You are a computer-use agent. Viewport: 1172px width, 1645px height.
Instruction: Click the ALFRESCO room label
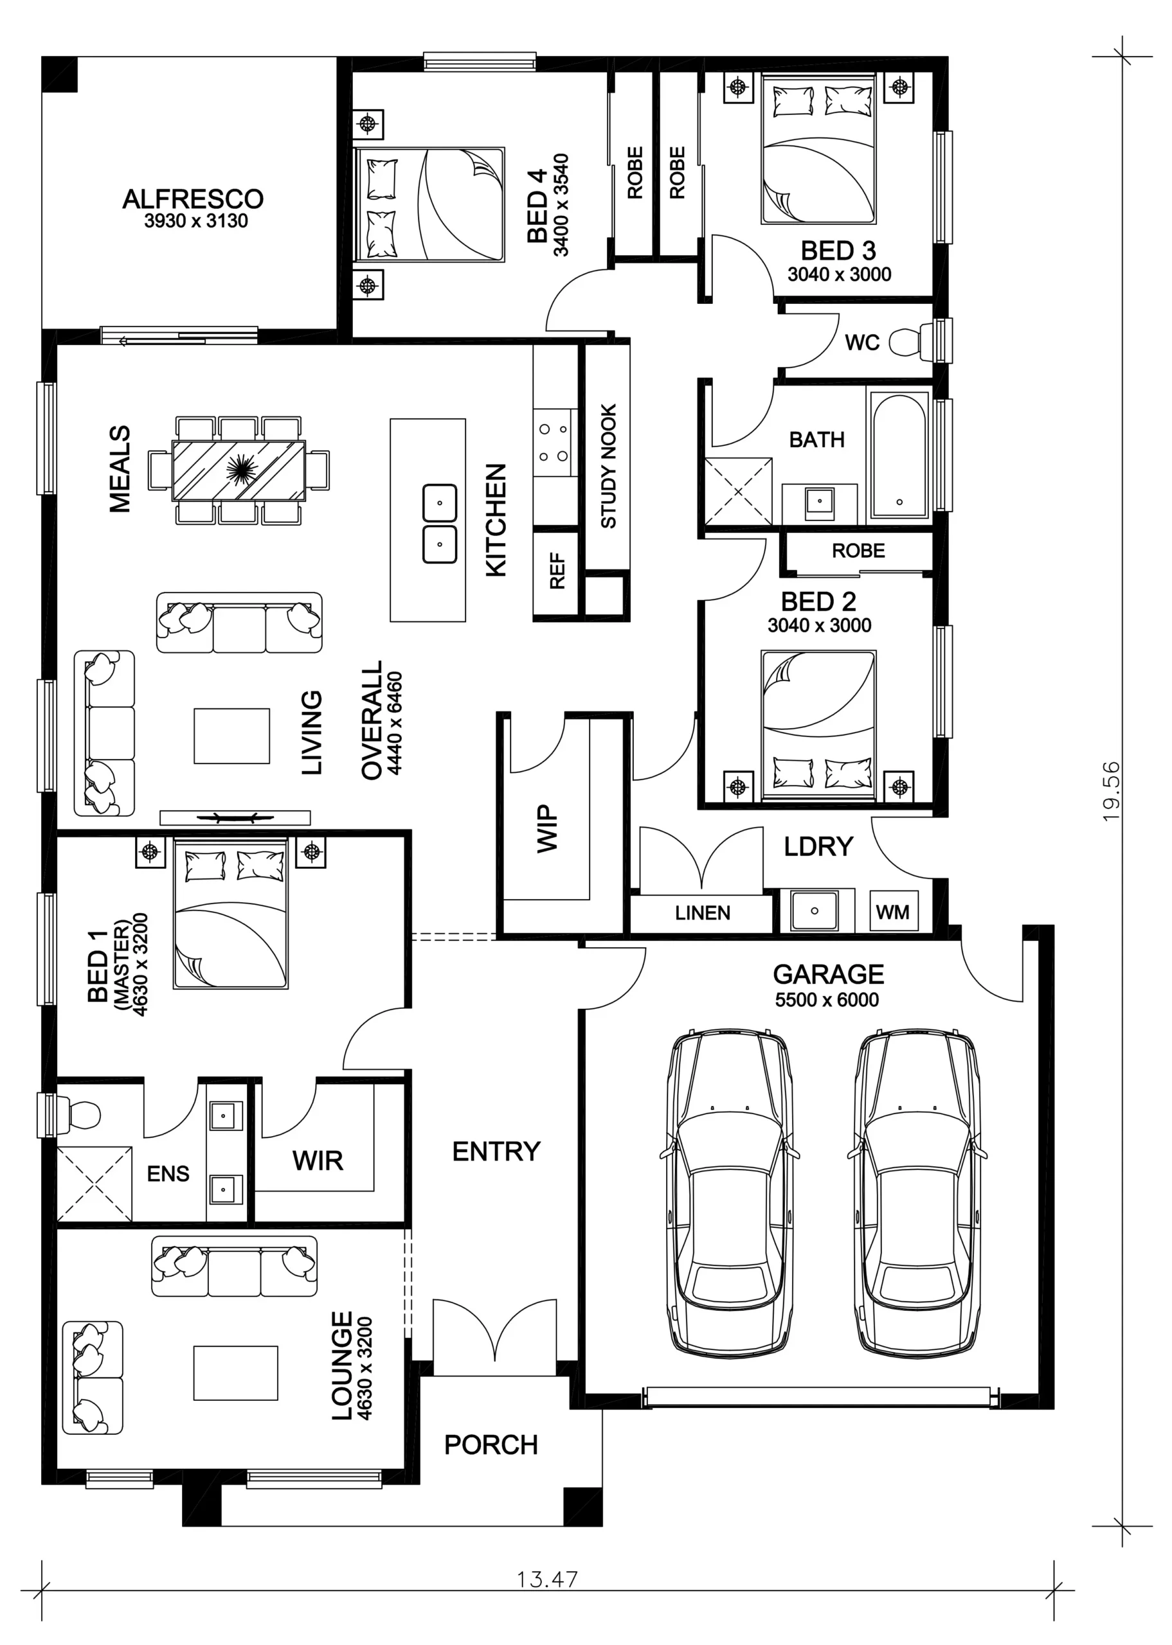tap(193, 199)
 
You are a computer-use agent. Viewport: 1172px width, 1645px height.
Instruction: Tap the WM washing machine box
tap(893, 912)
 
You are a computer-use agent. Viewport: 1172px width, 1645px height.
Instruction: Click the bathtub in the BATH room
tap(899, 456)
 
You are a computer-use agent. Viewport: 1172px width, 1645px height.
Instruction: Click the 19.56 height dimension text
tap(1112, 791)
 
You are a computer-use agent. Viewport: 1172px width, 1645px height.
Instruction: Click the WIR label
tap(318, 1160)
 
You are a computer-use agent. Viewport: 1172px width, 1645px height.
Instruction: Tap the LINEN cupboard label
tap(702, 913)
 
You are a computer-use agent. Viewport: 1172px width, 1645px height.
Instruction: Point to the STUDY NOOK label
tap(608, 466)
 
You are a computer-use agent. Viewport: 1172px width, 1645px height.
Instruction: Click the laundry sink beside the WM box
tap(815, 911)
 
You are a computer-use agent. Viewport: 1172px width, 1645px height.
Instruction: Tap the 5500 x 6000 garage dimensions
tap(827, 1000)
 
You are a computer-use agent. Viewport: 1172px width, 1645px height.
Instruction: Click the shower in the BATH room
tap(738, 491)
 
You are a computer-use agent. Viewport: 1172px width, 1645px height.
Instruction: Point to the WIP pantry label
tap(548, 829)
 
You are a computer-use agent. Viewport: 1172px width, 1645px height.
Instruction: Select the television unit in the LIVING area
tap(235, 817)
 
